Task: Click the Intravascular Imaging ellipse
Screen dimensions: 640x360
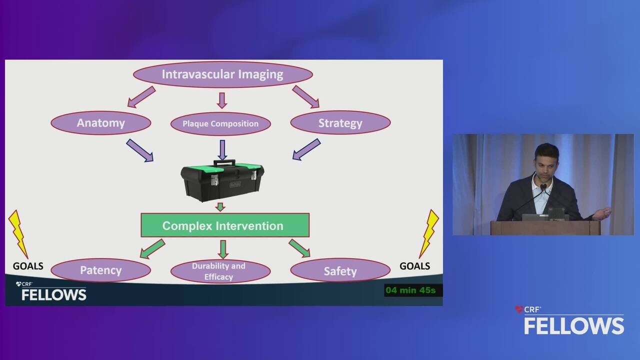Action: (x=223, y=74)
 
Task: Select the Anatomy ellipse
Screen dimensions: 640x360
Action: (x=101, y=123)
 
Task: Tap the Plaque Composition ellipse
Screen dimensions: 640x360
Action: (x=220, y=123)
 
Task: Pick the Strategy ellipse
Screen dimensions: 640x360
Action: (x=340, y=123)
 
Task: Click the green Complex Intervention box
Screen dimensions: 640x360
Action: (x=225, y=225)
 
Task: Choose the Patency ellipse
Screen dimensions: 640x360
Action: (x=101, y=270)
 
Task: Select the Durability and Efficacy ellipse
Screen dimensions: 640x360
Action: (x=220, y=271)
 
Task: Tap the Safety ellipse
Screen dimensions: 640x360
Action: (x=340, y=270)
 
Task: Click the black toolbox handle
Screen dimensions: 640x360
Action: (x=224, y=162)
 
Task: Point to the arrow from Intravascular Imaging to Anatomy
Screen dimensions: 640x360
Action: (x=141, y=97)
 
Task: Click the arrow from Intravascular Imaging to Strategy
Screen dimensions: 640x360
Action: (x=305, y=97)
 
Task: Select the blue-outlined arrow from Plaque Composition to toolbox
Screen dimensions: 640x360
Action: (x=222, y=149)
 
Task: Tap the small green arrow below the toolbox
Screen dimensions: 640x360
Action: (x=220, y=207)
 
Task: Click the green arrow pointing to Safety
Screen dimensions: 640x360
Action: (x=299, y=248)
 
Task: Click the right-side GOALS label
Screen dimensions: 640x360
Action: (x=414, y=266)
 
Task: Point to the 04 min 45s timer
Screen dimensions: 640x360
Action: (x=410, y=290)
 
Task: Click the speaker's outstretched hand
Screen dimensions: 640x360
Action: (x=602, y=213)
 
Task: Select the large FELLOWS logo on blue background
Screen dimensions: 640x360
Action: (x=573, y=325)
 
